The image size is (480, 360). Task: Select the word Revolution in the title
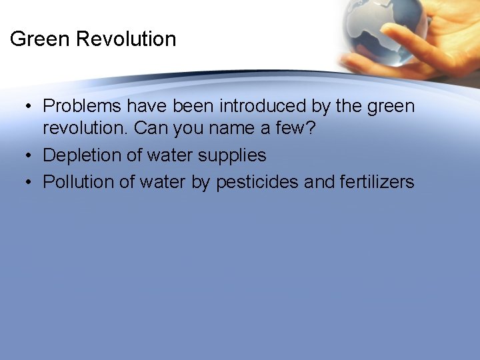(126, 39)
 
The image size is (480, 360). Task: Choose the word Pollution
(80, 182)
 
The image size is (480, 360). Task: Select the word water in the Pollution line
(163, 182)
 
